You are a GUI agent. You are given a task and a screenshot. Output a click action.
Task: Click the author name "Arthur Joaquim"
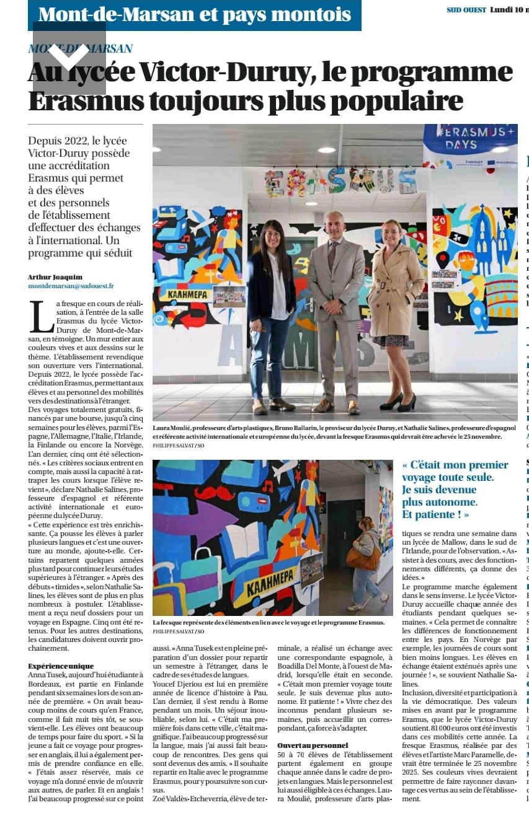(55, 277)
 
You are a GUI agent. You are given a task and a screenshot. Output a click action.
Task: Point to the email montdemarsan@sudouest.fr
(71, 286)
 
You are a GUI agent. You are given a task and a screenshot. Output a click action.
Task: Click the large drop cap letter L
(41, 316)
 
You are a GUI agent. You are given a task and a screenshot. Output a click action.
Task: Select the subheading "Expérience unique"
(61, 666)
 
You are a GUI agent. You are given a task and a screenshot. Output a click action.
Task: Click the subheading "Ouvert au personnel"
(313, 745)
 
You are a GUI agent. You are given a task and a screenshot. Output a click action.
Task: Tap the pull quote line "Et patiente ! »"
(435, 515)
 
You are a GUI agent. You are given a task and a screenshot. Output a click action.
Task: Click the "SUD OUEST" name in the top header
(466, 10)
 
